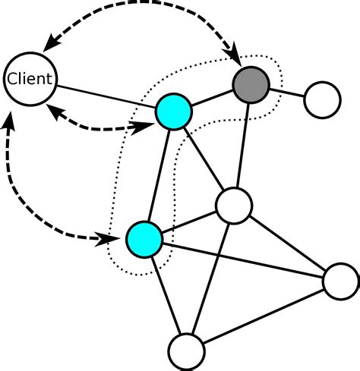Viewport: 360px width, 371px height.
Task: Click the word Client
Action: click(30, 78)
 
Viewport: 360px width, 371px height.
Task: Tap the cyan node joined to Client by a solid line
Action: click(174, 112)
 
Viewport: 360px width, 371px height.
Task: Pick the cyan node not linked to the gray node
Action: click(144, 239)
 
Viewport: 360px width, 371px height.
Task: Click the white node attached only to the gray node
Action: click(322, 99)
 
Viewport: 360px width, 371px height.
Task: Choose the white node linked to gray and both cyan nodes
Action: click(233, 206)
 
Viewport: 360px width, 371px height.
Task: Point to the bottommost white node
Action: click(186, 351)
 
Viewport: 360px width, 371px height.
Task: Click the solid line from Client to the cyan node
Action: click(106, 95)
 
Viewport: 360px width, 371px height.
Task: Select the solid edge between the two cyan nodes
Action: click(159, 174)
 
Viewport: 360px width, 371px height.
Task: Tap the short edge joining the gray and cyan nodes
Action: click(212, 97)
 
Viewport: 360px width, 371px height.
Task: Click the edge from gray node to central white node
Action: click(242, 144)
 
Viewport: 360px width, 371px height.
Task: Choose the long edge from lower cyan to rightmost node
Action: click(243, 260)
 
